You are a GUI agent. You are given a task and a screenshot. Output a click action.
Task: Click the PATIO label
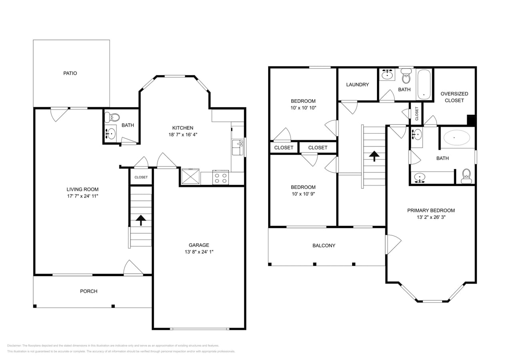(70, 73)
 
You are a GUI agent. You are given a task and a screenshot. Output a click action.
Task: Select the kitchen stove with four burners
(220, 177)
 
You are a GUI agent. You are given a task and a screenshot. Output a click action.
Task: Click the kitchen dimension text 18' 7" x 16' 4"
(183, 135)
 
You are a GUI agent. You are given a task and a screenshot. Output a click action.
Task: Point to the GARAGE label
(199, 245)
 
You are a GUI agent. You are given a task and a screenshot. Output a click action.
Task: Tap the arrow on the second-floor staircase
(374, 156)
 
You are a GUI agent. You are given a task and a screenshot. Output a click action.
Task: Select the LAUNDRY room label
(357, 84)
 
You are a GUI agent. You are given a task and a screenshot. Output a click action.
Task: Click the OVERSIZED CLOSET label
(454, 97)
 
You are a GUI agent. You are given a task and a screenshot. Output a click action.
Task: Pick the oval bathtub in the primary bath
(457, 138)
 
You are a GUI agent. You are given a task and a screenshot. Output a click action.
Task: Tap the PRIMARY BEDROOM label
(431, 210)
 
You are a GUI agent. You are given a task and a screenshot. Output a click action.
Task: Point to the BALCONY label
(324, 246)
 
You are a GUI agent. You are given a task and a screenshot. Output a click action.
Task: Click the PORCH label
(88, 291)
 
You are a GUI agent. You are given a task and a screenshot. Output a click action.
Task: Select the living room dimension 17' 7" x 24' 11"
(82, 196)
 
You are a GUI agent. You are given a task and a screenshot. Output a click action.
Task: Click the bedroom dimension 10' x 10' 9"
(303, 194)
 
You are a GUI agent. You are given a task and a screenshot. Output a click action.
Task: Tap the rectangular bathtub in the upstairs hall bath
(424, 84)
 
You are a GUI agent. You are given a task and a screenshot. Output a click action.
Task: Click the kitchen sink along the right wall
(238, 146)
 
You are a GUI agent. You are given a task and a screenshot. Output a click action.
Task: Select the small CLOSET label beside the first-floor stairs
(141, 177)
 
